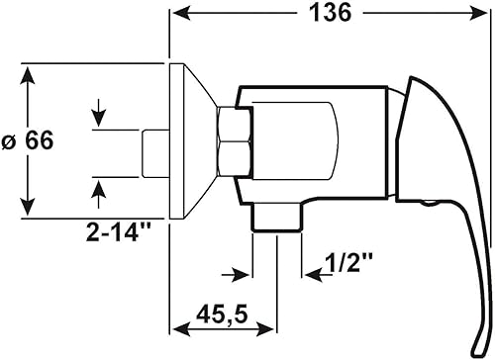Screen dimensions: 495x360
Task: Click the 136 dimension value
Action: click(331, 14)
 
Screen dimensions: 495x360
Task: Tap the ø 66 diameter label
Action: click(28, 140)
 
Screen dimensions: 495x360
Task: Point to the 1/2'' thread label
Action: click(348, 262)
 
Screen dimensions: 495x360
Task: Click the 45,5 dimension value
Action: click(222, 315)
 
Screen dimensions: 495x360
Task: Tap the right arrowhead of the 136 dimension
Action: click(478, 14)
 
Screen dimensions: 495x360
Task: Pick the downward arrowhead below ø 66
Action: click(28, 205)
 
